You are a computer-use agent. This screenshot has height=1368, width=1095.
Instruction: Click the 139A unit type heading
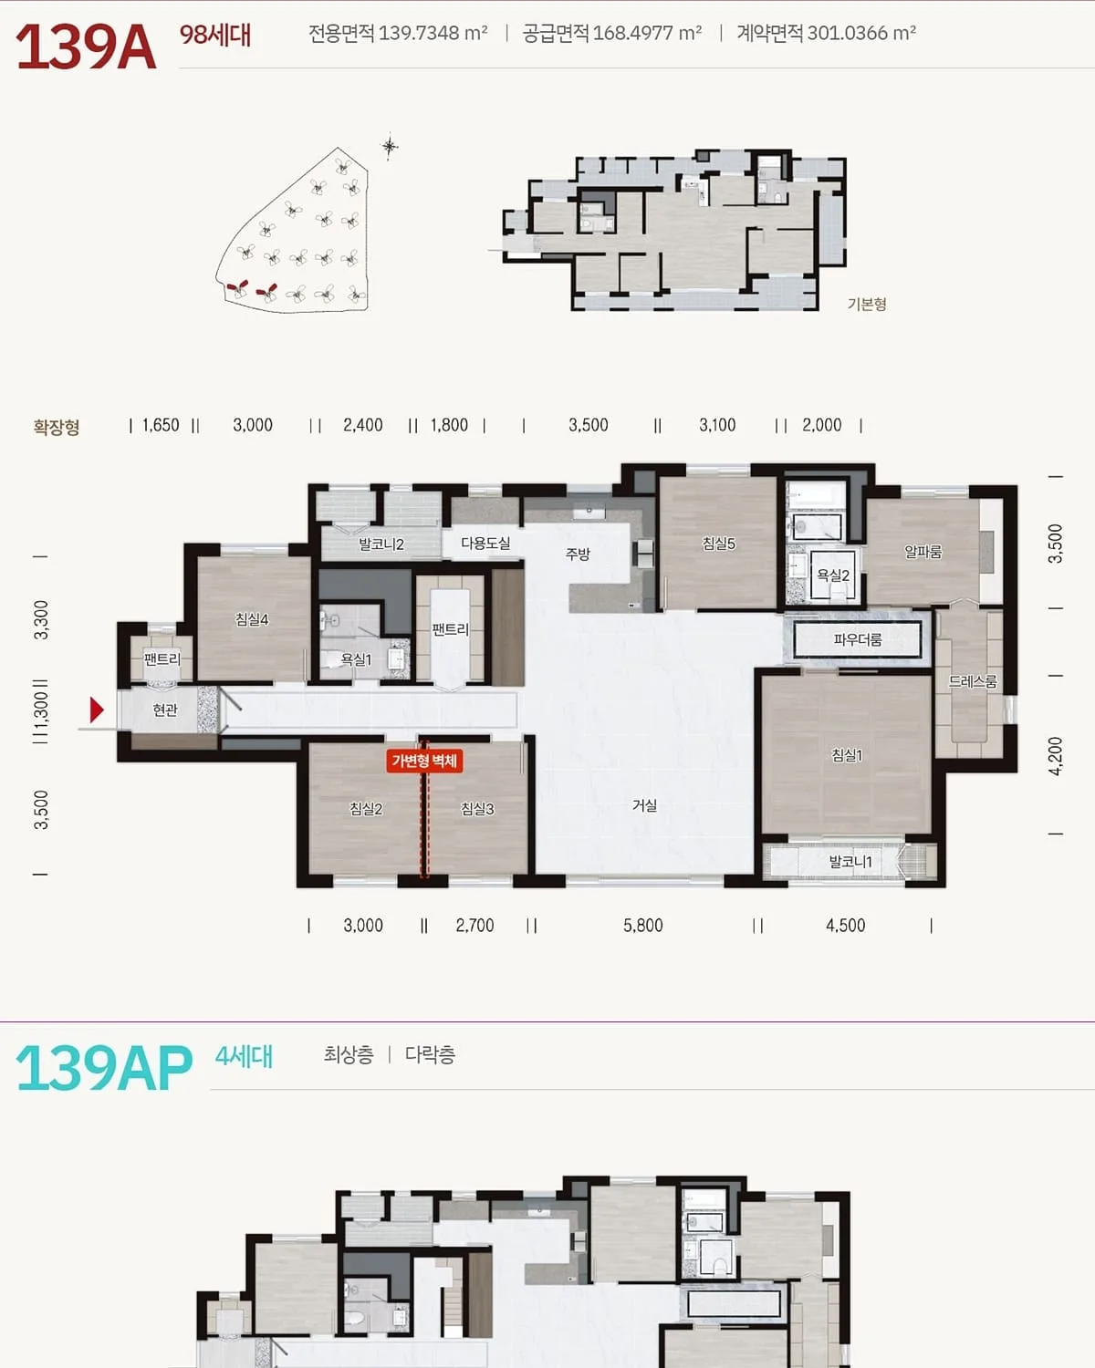(x=86, y=47)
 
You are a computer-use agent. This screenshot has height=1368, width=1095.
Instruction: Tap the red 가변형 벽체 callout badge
(x=424, y=761)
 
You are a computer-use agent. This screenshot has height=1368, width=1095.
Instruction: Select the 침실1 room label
(x=847, y=755)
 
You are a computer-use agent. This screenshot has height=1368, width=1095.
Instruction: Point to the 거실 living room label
(x=644, y=805)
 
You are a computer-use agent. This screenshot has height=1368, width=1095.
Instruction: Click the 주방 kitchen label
(x=578, y=554)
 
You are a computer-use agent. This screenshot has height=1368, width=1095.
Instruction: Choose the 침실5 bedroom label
(x=719, y=544)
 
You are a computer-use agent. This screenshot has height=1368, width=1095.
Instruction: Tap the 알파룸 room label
(x=923, y=552)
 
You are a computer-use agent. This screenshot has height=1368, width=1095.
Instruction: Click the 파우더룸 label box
(x=858, y=639)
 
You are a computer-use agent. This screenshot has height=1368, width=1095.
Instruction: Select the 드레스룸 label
(x=973, y=681)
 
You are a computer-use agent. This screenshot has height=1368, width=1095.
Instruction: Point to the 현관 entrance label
(x=165, y=710)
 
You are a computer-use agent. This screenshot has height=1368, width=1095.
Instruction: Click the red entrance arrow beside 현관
(x=97, y=710)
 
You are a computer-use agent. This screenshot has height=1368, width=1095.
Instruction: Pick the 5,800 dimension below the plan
(x=642, y=926)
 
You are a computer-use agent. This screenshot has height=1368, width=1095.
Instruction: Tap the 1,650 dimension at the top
(x=161, y=425)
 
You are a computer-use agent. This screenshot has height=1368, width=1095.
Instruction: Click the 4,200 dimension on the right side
(x=1056, y=756)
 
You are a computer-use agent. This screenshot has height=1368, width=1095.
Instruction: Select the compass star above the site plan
(x=390, y=148)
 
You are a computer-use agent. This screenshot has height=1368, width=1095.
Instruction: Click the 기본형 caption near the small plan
(x=867, y=304)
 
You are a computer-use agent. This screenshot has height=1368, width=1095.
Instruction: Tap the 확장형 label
(x=57, y=427)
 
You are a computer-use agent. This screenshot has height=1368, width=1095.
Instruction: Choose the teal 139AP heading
(x=104, y=1068)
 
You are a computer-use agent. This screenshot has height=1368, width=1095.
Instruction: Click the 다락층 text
(x=430, y=1054)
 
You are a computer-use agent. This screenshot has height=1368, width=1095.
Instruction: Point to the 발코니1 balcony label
(x=850, y=862)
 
